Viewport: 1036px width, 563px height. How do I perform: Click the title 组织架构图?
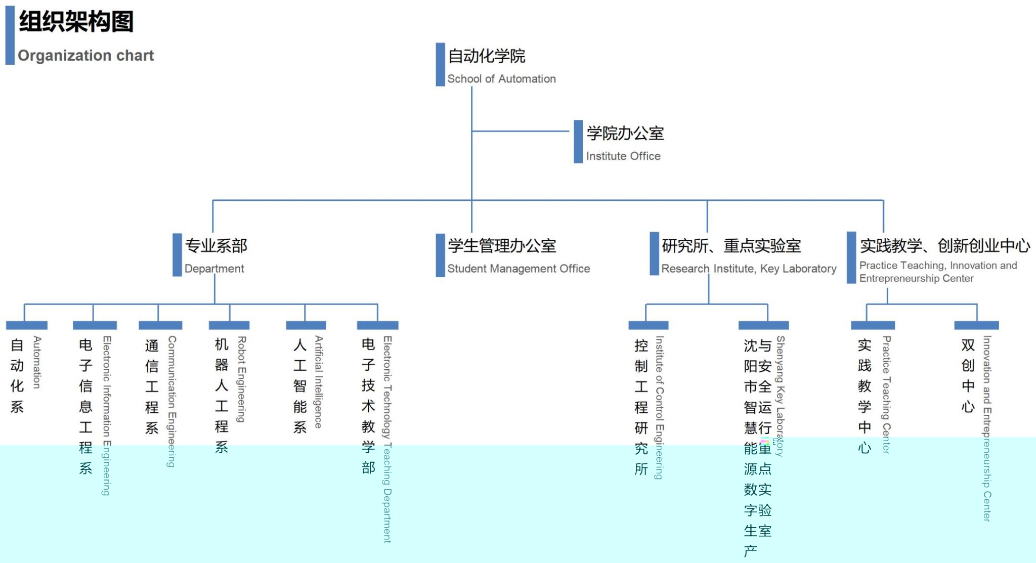(76, 22)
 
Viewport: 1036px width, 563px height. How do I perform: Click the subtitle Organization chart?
(85, 55)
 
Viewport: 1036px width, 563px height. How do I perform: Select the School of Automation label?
(501, 79)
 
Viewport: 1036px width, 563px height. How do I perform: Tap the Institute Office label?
(623, 156)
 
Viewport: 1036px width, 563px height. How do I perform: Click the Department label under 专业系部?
(214, 269)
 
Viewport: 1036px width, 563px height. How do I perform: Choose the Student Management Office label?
(519, 269)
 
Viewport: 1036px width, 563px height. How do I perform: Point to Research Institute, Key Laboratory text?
(749, 269)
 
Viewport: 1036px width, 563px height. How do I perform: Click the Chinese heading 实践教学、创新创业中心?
(945, 246)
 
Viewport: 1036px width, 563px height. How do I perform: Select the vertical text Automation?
(37, 362)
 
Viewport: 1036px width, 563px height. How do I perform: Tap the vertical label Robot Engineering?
(242, 379)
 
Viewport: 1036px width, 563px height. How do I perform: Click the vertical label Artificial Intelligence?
(318, 382)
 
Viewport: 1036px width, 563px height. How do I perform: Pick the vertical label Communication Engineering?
(172, 401)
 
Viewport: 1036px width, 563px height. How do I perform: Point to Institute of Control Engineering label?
(659, 407)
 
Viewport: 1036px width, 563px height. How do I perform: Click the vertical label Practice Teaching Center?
(886, 395)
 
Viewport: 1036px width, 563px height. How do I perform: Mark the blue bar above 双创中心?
(976, 325)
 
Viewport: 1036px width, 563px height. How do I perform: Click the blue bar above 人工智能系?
(306, 325)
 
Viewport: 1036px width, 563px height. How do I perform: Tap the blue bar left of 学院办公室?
(578, 142)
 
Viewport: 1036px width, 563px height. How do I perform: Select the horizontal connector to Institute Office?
(521, 131)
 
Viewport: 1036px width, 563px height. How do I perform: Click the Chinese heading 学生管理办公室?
(502, 246)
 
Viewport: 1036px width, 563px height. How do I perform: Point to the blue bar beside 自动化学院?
(440, 64)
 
